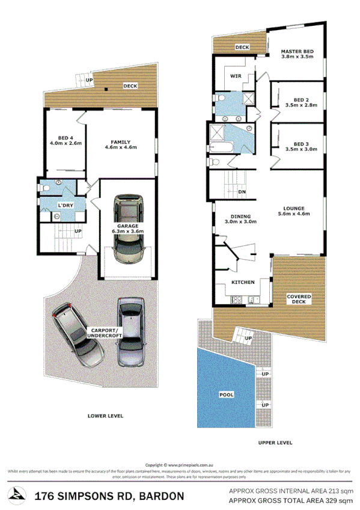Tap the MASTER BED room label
(x=297, y=52)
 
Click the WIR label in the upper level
(x=236, y=76)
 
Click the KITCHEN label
(x=243, y=282)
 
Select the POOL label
(x=226, y=395)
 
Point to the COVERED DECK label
(x=298, y=299)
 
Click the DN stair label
(x=242, y=192)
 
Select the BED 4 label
(x=65, y=137)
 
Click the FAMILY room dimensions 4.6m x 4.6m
(x=121, y=147)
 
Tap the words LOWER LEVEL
(x=106, y=415)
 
